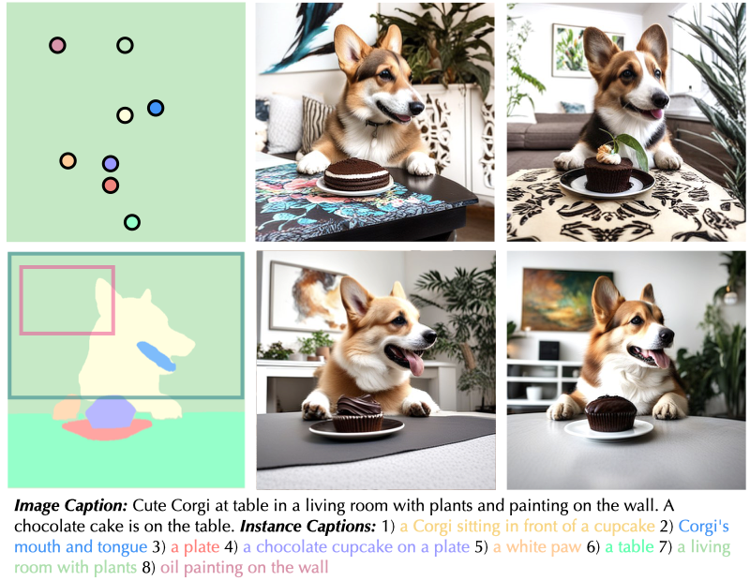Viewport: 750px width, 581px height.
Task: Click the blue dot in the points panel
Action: point(156,108)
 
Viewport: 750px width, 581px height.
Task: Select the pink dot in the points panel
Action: point(57,45)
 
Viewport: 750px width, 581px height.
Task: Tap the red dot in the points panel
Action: point(111,185)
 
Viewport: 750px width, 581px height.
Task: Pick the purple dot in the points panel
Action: point(111,164)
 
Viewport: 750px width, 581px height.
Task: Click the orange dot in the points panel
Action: point(67,160)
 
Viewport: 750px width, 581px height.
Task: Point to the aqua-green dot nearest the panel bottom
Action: point(132,222)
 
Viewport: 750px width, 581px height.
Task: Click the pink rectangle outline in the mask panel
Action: point(20,300)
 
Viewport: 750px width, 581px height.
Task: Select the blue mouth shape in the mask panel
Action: point(156,356)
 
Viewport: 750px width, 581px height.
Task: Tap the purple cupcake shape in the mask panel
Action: point(111,411)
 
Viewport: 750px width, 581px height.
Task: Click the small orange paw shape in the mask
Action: point(67,408)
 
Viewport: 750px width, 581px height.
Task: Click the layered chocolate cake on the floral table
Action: point(356,174)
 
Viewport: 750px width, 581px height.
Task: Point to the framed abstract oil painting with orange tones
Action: point(567,300)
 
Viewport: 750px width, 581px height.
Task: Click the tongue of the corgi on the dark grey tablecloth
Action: point(414,362)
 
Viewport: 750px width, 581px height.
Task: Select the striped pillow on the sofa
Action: point(316,124)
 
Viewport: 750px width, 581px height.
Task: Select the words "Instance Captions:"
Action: point(308,526)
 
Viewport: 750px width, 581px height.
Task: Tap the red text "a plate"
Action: point(195,546)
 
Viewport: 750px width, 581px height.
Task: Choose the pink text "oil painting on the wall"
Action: point(244,568)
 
